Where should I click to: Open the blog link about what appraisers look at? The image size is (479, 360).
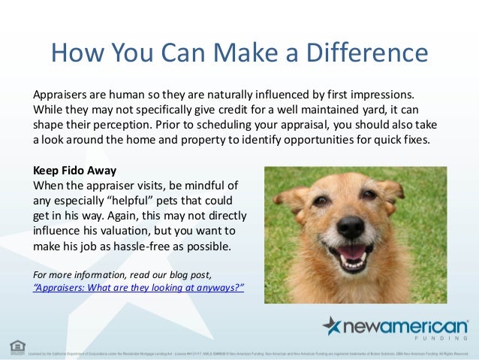(x=139, y=287)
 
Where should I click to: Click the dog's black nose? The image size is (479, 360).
(x=350, y=225)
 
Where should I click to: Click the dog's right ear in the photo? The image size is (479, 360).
(x=391, y=187)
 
